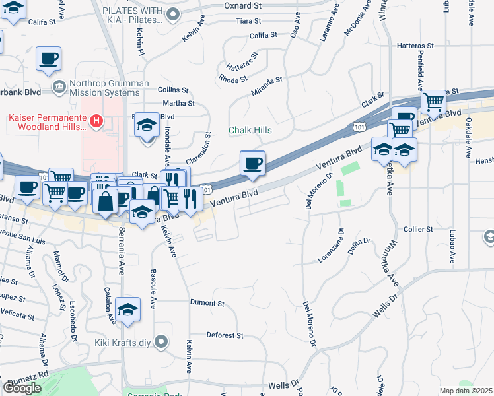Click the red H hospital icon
point(97,121)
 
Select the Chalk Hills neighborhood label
point(250,130)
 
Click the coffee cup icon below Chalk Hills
point(252,163)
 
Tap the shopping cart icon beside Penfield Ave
point(433,102)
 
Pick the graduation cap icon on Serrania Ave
point(127,309)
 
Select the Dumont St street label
point(207,303)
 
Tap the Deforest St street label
point(225,335)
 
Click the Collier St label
point(418,229)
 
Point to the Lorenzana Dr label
point(332,246)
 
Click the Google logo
point(22,387)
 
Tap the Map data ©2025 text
point(466,391)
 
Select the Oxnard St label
point(243,5)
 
